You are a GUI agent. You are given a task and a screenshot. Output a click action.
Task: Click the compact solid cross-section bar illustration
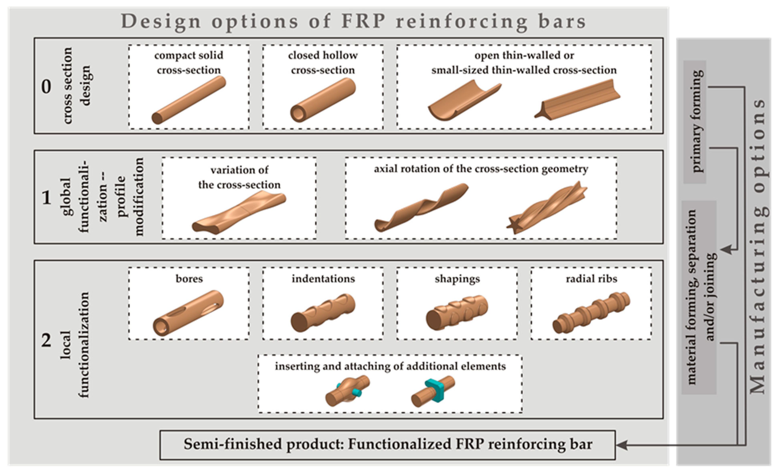(x=189, y=100)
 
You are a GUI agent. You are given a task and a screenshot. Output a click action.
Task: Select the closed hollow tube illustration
(x=323, y=100)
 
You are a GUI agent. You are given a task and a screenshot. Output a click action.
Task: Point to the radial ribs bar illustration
(x=591, y=313)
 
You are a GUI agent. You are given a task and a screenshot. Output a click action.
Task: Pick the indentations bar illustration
(x=323, y=313)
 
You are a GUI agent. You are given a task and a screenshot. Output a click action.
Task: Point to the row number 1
(x=46, y=198)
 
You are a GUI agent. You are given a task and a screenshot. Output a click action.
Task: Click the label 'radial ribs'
(x=591, y=279)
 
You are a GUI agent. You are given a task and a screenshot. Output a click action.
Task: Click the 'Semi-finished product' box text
(x=388, y=444)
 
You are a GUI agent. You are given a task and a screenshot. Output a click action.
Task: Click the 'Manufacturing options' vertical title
(x=758, y=246)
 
